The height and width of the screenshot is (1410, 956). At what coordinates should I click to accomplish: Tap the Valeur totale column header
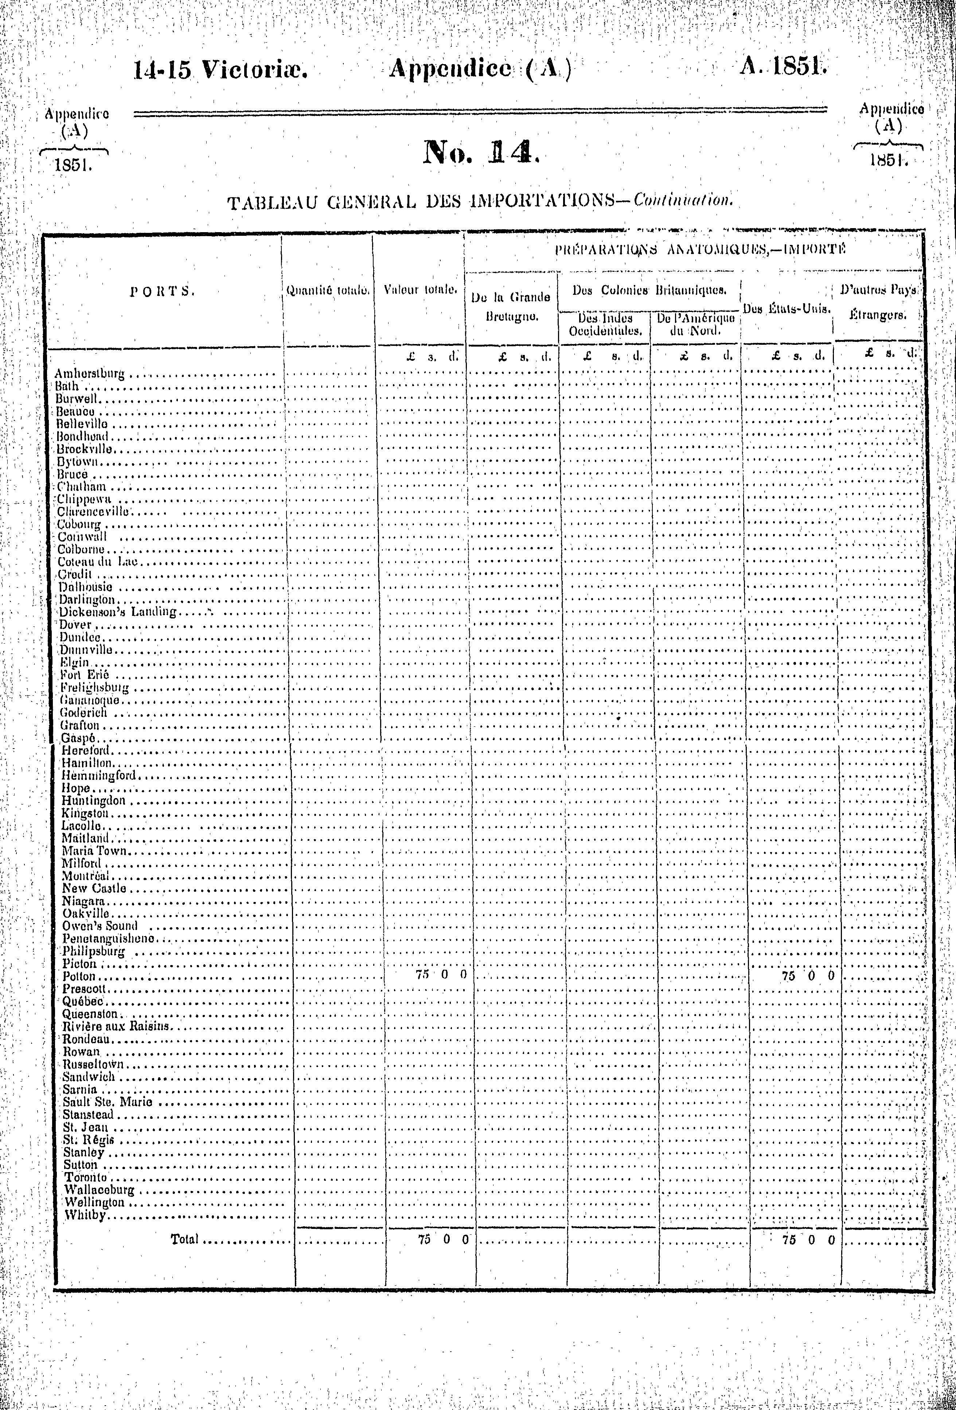coord(420,290)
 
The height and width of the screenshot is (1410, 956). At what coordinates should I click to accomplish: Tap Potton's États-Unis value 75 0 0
coord(808,976)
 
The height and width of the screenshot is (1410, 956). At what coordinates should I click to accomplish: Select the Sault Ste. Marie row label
coord(108,1102)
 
